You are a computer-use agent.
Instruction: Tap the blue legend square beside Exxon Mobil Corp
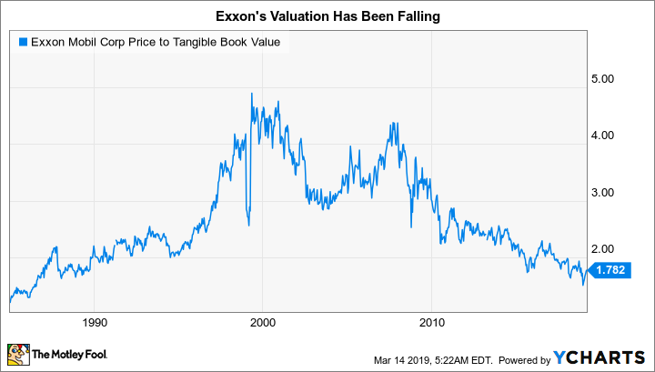21,40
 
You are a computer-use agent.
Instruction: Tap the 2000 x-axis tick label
263,322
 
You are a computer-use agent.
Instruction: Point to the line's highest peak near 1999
251,94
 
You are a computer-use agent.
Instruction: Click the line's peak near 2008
391,122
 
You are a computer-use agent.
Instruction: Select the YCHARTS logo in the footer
600,356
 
